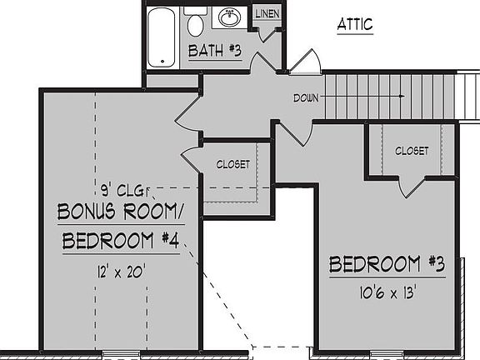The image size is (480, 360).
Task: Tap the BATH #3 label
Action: [x=214, y=52]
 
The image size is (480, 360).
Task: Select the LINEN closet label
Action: [x=267, y=14]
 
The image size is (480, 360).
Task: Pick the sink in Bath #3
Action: [x=227, y=17]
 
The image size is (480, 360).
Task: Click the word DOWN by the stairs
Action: [x=306, y=97]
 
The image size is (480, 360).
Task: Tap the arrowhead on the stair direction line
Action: [x=402, y=97]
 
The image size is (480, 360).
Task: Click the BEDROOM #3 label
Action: [x=387, y=265]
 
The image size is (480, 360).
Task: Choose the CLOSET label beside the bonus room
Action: [x=232, y=164]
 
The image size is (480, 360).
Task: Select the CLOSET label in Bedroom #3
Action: [x=412, y=151]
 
